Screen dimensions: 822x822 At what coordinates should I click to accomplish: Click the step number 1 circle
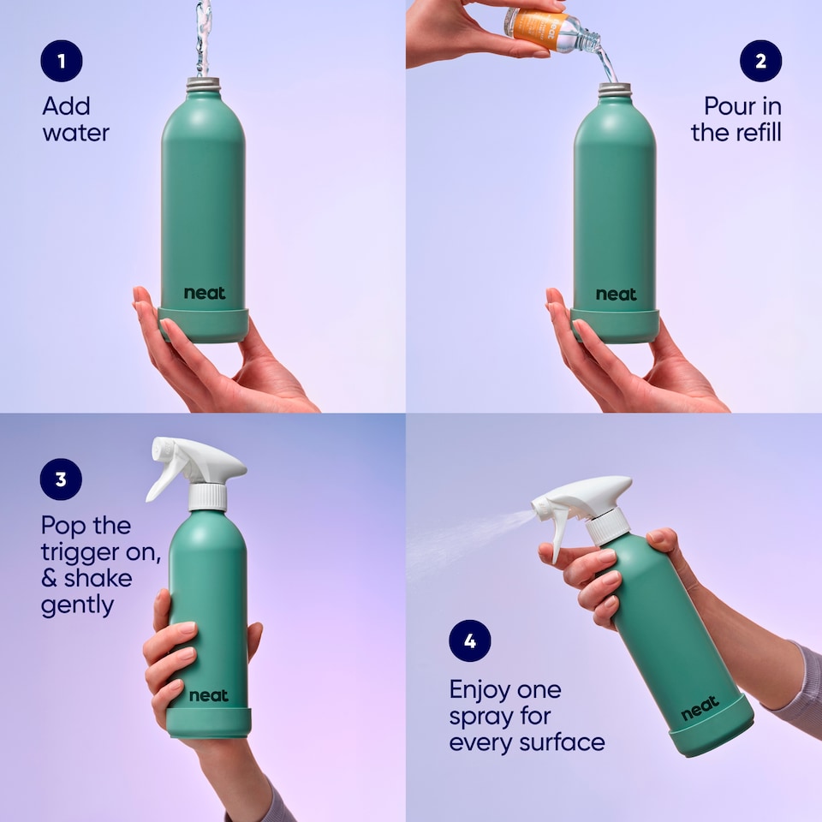click(x=61, y=62)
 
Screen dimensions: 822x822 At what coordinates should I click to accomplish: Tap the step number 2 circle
click(x=760, y=62)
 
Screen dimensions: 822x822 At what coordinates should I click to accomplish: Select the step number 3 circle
click(x=61, y=479)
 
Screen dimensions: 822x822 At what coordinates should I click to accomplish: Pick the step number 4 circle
click(x=470, y=640)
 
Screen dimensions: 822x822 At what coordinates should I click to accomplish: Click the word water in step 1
click(x=75, y=134)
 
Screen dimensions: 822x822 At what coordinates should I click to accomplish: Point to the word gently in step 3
click(x=77, y=605)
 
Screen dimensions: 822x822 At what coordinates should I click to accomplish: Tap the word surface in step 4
click(x=565, y=742)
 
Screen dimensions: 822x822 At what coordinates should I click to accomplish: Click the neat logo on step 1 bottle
click(x=205, y=294)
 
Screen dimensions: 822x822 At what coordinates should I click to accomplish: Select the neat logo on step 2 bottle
click(x=616, y=294)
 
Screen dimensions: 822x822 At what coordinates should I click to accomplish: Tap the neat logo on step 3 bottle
click(x=208, y=694)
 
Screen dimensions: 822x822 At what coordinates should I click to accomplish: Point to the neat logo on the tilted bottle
click(x=700, y=709)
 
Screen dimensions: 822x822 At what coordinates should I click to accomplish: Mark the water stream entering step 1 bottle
click(x=203, y=39)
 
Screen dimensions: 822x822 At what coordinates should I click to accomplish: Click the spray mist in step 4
click(x=462, y=535)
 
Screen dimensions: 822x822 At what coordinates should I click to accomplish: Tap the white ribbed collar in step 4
click(x=608, y=525)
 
